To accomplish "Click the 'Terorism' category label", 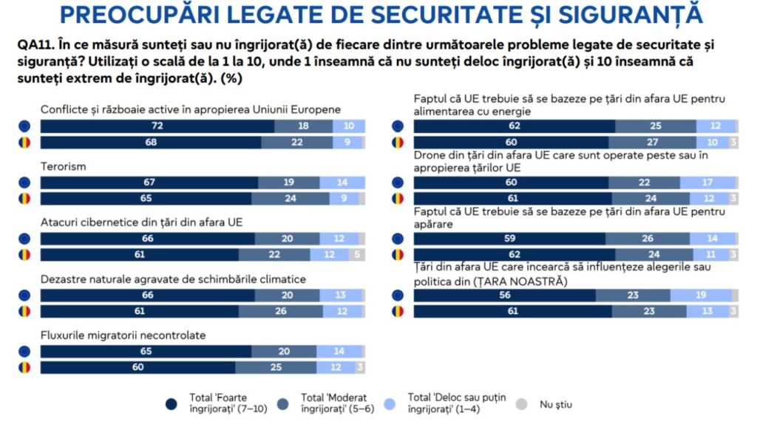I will point(64,166).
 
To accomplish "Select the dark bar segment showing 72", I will point(157,126).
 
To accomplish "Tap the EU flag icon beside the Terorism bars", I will point(25,182).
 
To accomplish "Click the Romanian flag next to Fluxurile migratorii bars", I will point(25,367).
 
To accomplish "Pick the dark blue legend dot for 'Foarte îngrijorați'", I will point(172,403).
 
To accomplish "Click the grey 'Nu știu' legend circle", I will point(522,403).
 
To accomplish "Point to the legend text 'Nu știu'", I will point(555,404).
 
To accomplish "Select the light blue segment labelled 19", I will point(701,295).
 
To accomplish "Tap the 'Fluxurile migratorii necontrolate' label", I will point(123,335).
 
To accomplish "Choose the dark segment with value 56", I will point(504,295).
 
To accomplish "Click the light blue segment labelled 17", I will point(707,182).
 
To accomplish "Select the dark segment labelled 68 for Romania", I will point(151,142).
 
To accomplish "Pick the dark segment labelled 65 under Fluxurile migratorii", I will point(146,352).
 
